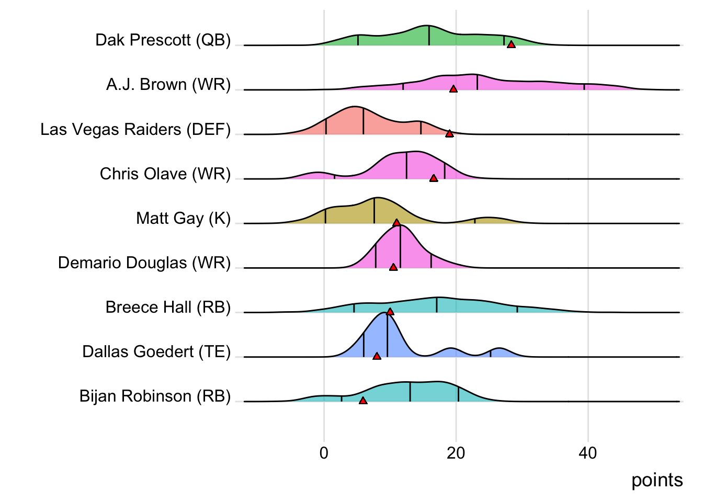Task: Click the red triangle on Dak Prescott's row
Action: (x=511, y=44)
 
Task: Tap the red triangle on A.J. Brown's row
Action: (x=453, y=89)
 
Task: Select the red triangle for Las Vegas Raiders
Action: (x=449, y=134)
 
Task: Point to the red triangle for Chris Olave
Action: (x=434, y=178)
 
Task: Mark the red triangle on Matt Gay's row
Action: (x=396, y=223)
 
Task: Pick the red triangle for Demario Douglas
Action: (x=393, y=267)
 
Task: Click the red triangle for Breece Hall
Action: (x=390, y=312)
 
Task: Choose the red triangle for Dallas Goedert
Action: (x=377, y=356)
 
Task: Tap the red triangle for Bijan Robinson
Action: (x=363, y=401)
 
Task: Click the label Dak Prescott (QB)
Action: (x=163, y=40)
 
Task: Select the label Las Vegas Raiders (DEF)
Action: (x=135, y=129)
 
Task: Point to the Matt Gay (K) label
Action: (x=183, y=218)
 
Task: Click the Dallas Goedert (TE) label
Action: (x=156, y=351)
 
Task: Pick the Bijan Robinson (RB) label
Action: (x=155, y=396)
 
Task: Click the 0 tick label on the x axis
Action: (x=324, y=453)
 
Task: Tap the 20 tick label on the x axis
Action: (x=456, y=453)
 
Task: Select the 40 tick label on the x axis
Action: (x=587, y=453)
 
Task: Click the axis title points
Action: (x=656, y=480)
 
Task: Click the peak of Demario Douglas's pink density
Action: (x=399, y=225)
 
